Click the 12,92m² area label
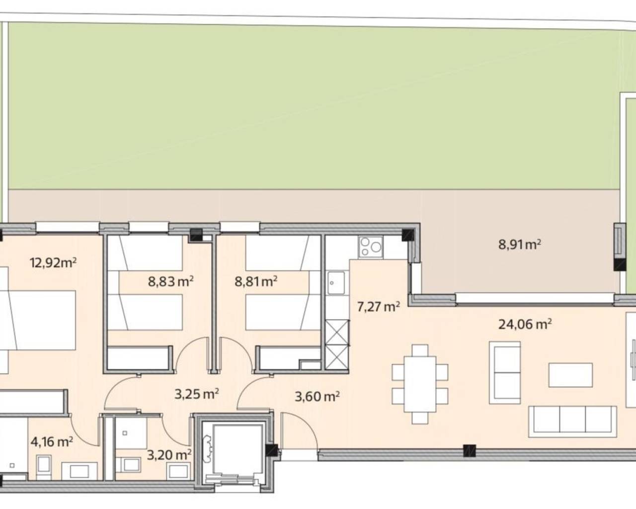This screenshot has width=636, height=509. (53, 262)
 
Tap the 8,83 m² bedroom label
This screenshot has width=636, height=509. (170, 282)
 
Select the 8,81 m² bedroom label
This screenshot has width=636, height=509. (255, 282)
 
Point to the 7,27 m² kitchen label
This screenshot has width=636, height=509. (378, 306)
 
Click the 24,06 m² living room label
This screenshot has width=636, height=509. (525, 325)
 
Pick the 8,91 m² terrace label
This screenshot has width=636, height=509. (519, 244)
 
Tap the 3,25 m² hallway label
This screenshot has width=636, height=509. (197, 394)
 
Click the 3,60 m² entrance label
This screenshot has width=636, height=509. (317, 396)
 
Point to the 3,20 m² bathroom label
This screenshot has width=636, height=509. (169, 454)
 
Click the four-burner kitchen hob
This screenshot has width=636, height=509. (371, 247)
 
